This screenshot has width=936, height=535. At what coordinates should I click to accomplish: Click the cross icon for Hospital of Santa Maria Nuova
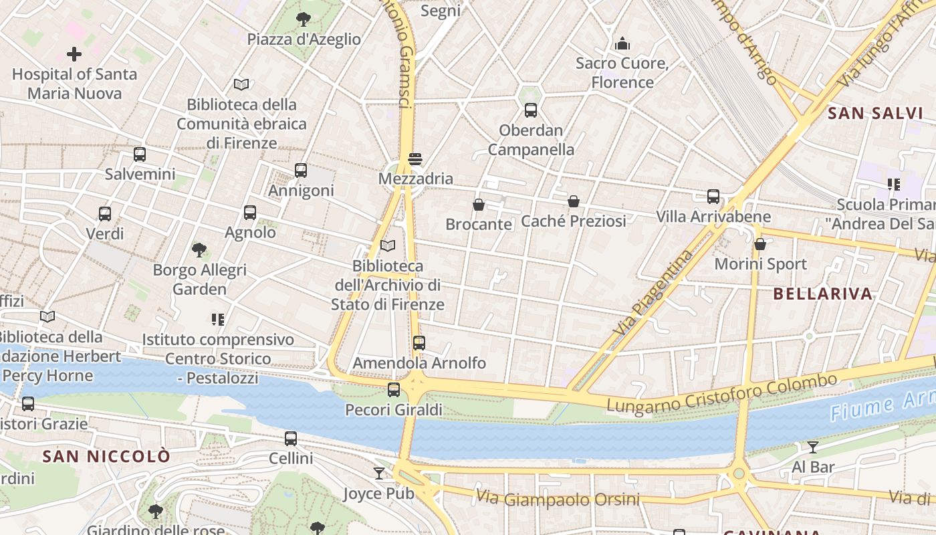[74, 53]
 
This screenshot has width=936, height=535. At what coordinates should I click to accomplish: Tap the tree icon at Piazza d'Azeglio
[304, 19]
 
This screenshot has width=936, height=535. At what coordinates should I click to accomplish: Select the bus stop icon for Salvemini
[140, 154]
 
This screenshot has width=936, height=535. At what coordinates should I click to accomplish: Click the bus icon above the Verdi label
[105, 214]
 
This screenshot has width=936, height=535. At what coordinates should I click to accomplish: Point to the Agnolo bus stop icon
[250, 213]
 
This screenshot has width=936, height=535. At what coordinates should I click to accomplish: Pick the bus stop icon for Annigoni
[301, 171]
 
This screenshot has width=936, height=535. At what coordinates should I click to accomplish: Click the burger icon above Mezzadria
[415, 159]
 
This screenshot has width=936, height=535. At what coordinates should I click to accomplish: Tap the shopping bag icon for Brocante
[479, 205]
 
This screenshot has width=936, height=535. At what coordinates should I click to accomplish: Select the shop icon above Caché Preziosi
[574, 201]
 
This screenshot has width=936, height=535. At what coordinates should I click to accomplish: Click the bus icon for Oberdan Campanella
[531, 110]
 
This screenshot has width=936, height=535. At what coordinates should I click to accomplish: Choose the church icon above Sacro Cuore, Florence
[623, 44]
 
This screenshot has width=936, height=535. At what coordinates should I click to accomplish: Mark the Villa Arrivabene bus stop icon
[713, 197]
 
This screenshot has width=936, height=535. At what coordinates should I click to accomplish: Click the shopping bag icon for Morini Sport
[760, 244]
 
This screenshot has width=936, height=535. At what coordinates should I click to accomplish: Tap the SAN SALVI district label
[875, 113]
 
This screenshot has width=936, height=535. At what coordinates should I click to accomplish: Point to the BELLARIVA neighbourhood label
[823, 294]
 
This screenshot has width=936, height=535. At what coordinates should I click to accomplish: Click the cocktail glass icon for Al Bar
[813, 447]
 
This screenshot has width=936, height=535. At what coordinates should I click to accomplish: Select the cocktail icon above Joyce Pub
[379, 473]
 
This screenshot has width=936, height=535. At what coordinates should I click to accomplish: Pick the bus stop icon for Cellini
[291, 439]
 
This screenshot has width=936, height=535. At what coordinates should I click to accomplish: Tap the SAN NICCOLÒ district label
[106, 456]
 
